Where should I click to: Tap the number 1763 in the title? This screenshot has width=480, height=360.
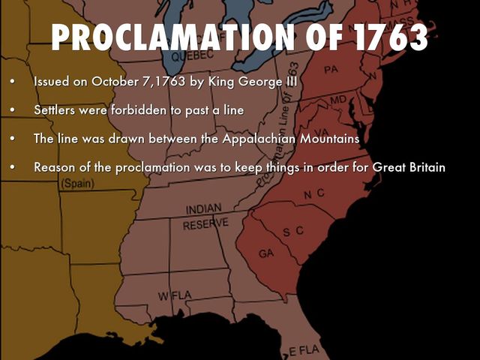tap(383, 37)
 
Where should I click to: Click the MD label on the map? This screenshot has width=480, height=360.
tap(338, 100)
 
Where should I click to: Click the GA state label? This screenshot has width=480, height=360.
tap(266, 253)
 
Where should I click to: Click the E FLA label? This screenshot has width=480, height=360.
tap(304, 350)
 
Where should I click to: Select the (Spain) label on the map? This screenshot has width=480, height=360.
tap(77, 183)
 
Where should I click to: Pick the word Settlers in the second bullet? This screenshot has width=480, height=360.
tap(55, 109)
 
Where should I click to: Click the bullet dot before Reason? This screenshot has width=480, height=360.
tap(12, 167)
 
